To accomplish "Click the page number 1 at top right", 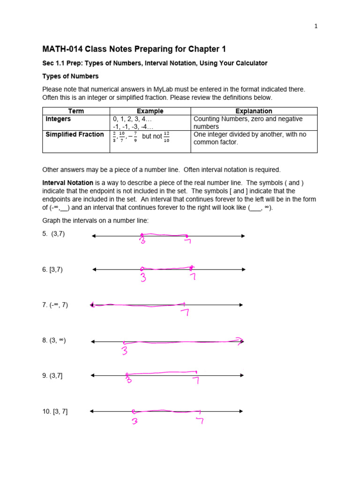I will click(x=316, y=26).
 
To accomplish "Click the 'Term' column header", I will click(x=76, y=111).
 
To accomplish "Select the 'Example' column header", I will click(x=150, y=111).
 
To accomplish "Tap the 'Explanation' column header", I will click(x=254, y=111).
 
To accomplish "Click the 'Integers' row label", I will click(x=58, y=119).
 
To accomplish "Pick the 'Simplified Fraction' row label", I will click(x=75, y=135).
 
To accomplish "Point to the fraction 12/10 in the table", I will click(x=166, y=137).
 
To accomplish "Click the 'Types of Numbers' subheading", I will click(x=70, y=76).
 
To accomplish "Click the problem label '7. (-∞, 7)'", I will click(x=55, y=305).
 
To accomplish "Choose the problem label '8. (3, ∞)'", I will click(x=54, y=340).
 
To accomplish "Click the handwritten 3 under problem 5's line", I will click(x=142, y=241).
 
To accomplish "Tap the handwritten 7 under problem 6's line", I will click(x=192, y=277).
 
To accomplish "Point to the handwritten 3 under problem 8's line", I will click(x=125, y=350).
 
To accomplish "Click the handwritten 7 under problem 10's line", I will click(x=200, y=420).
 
